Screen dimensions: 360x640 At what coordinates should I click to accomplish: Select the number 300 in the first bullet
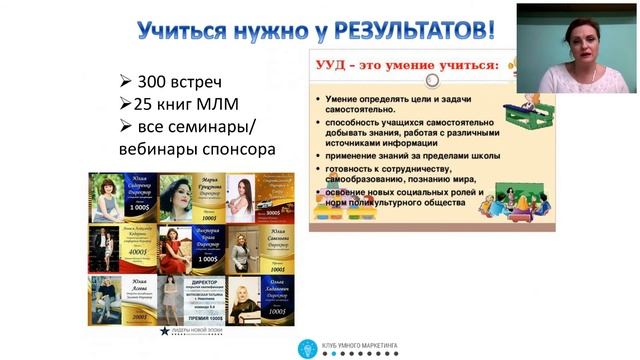(159, 82)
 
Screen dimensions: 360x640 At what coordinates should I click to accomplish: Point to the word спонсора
(233, 150)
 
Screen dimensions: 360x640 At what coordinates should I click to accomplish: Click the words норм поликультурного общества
(395, 203)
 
